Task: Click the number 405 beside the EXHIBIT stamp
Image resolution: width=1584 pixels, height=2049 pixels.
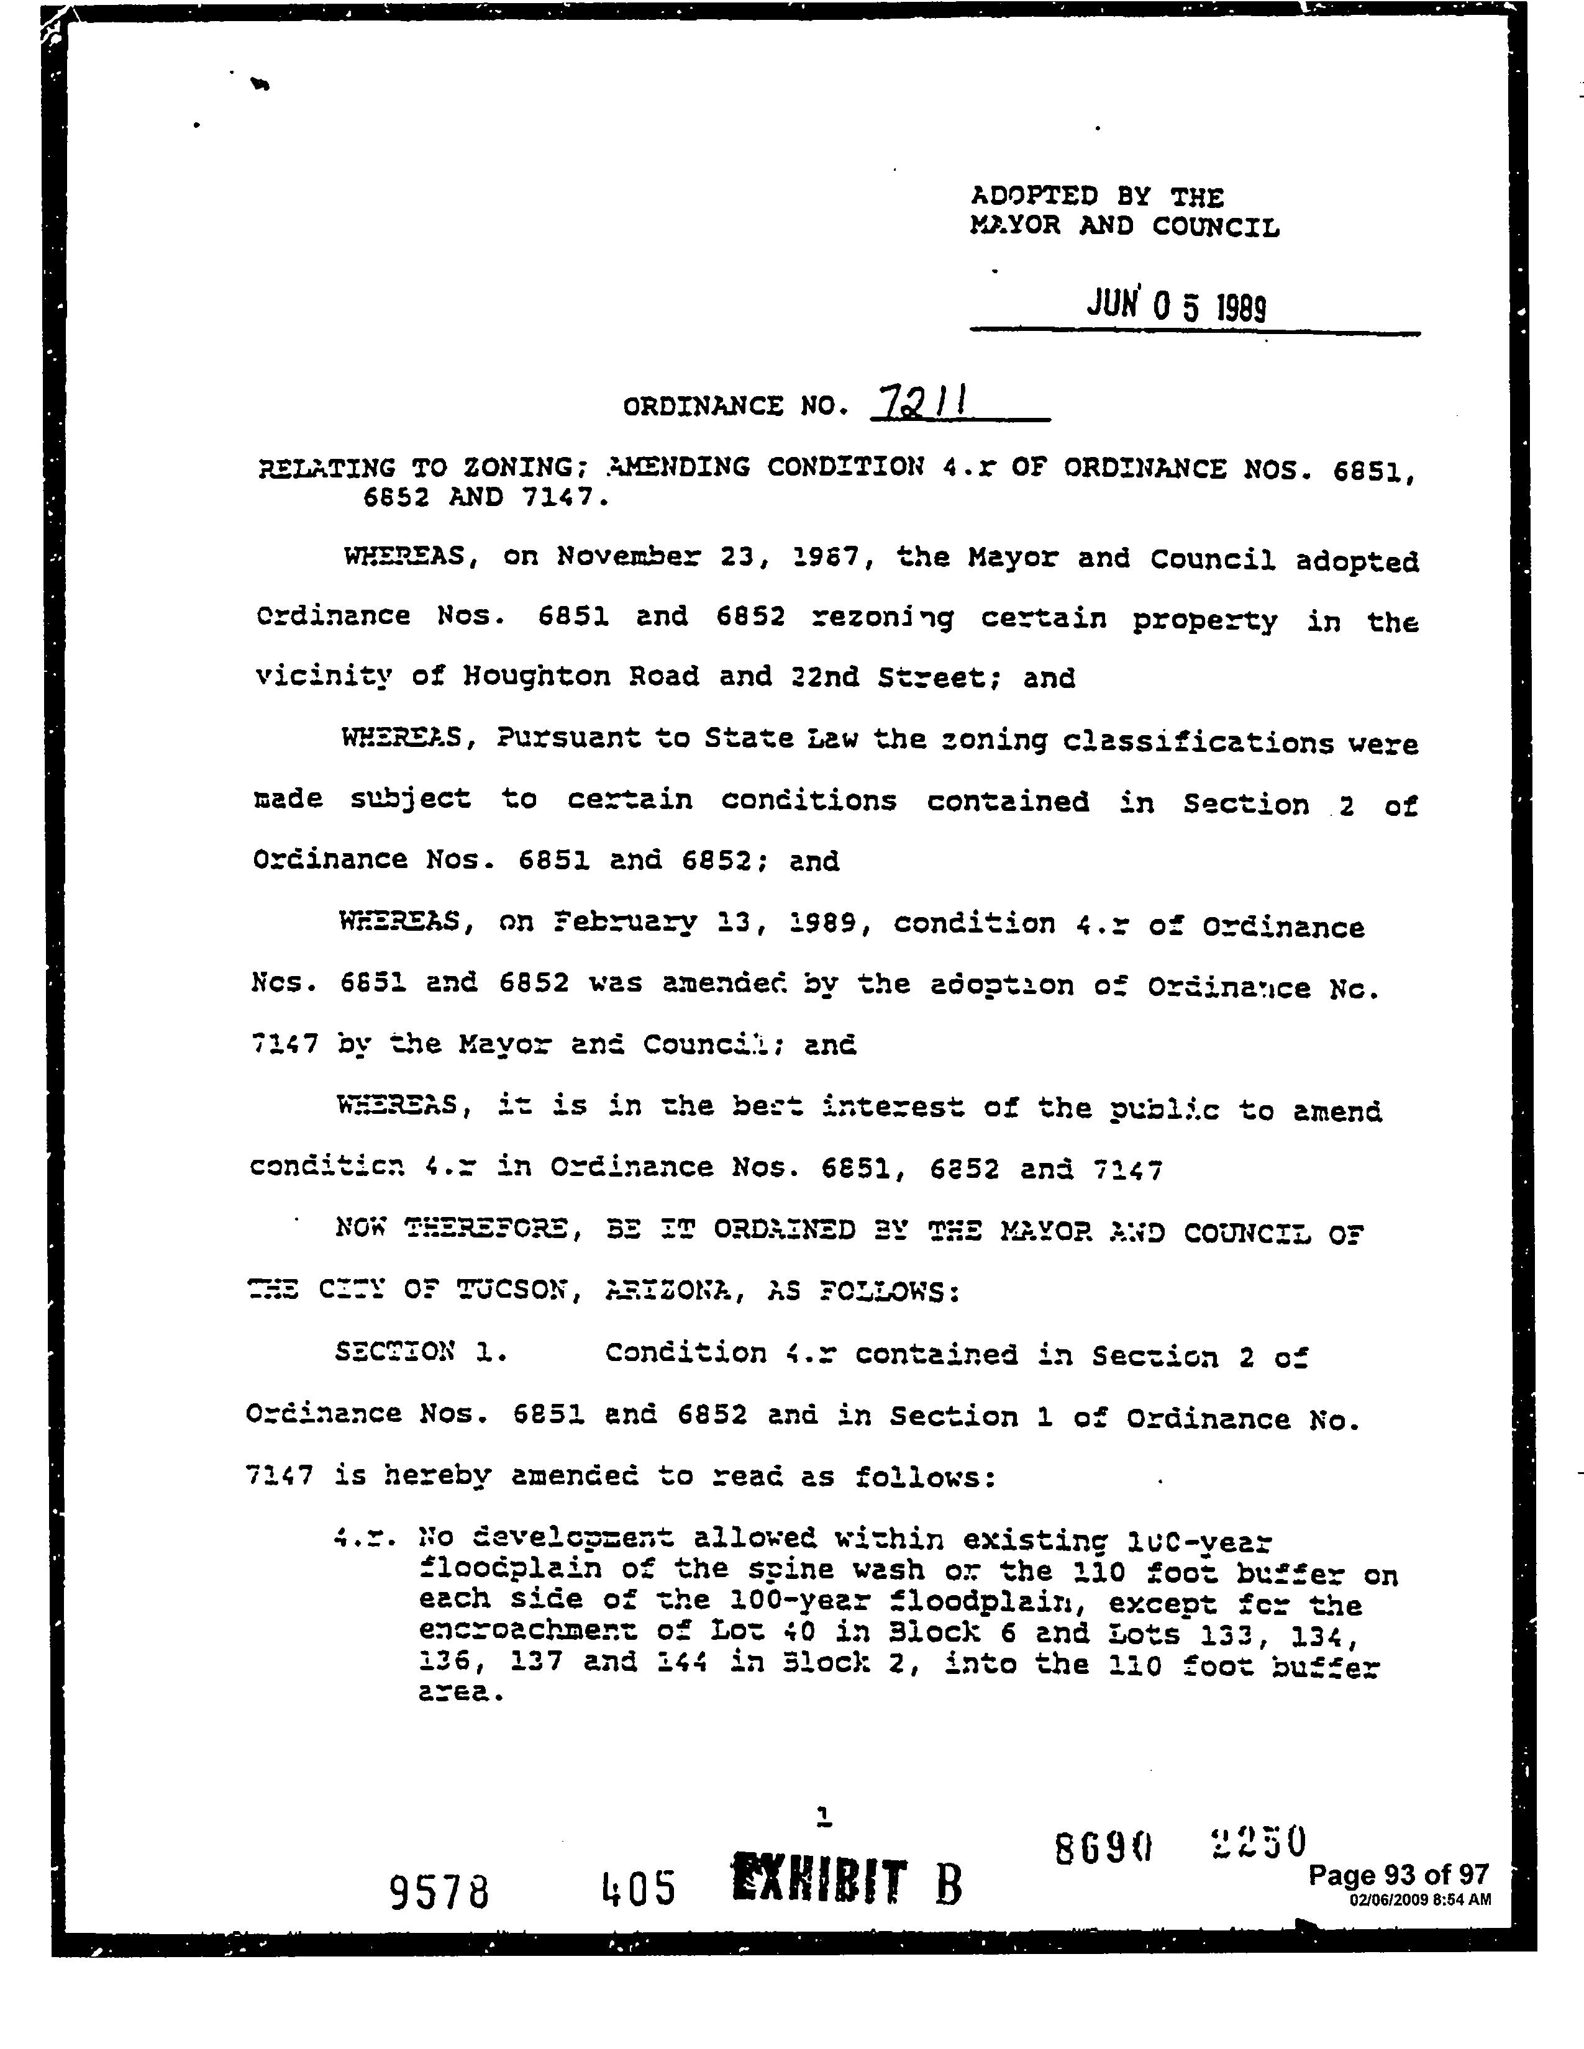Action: click(x=638, y=1888)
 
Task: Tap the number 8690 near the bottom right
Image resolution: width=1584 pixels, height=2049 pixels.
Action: click(x=1103, y=1848)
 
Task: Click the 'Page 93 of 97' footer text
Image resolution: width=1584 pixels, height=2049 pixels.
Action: click(x=1398, y=1875)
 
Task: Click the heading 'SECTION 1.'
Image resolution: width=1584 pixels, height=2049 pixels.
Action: click(x=421, y=1352)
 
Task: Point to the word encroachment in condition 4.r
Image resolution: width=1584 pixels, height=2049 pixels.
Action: click(x=529, y=1632)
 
